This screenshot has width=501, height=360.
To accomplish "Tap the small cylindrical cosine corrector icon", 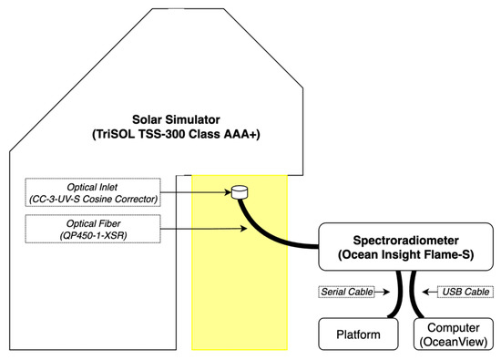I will (240, 192).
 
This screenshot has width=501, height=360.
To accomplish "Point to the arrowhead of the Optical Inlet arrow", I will (229, 192).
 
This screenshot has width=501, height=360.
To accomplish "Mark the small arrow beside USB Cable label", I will (432, 292).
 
